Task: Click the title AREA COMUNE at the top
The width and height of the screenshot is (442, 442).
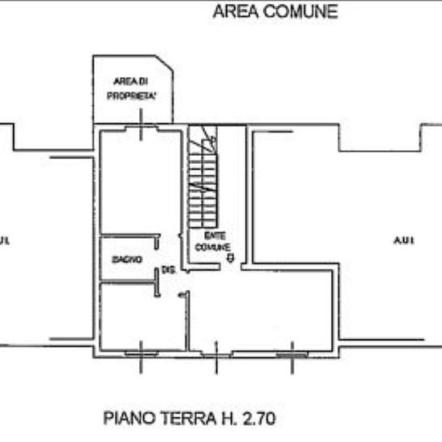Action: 275,12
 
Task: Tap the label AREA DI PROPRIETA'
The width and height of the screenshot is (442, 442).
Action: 133,88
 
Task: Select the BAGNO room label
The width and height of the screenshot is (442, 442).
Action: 128,260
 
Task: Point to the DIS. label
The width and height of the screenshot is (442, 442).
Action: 168,270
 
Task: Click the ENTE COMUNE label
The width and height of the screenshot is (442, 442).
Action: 212,240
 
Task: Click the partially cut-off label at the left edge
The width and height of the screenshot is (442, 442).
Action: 6,240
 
